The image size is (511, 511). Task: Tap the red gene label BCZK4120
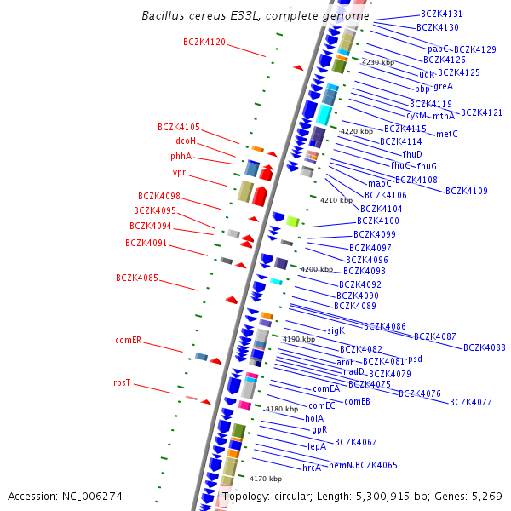[x=204, y=42]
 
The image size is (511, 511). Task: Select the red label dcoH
[x=186, y=141]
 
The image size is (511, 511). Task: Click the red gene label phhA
[x=181, y=156]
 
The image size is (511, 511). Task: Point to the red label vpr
[x=179, y=173]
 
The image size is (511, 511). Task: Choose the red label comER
[x=128, y=340]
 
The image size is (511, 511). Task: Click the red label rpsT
[x=122, y=383]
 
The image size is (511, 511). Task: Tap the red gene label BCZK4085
[x=137, y=278]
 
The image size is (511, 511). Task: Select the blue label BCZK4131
[x=442, y=14]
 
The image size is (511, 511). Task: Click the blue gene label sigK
[x=336, y=330]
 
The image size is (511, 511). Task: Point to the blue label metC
[x=447, y=134]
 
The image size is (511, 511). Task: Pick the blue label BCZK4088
[x=485, y=347]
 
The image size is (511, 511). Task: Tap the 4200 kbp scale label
[x=317, y=269]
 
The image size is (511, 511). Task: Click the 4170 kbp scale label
[x=266, y=479]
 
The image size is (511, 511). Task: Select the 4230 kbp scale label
[x=378, y=63]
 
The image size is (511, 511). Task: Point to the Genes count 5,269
[x=483, y=496]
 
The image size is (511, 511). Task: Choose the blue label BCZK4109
[x=467, y=191]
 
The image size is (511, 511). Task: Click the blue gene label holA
[x=313, y=418]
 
